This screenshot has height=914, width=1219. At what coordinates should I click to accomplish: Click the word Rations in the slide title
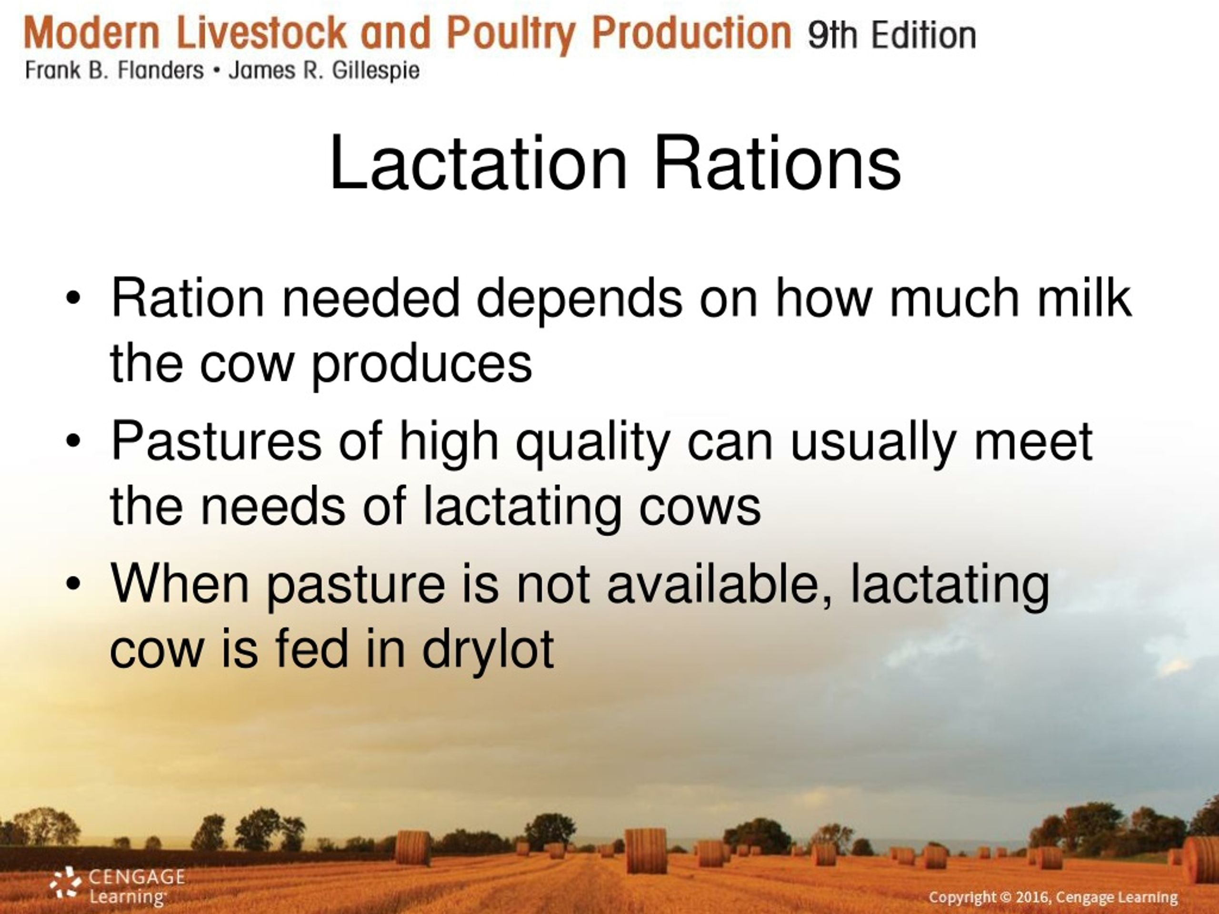[x=778, y=164]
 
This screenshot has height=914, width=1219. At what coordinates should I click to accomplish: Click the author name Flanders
[x=160, y=71]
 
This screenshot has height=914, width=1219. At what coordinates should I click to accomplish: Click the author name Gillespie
[x=375, y=71]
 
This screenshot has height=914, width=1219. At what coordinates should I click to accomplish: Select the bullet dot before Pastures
[x=73, y=442]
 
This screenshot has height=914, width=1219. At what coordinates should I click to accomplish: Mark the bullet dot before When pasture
[x=73, y=585]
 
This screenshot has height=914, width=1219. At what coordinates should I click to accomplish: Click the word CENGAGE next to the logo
[x=137, y=876]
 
